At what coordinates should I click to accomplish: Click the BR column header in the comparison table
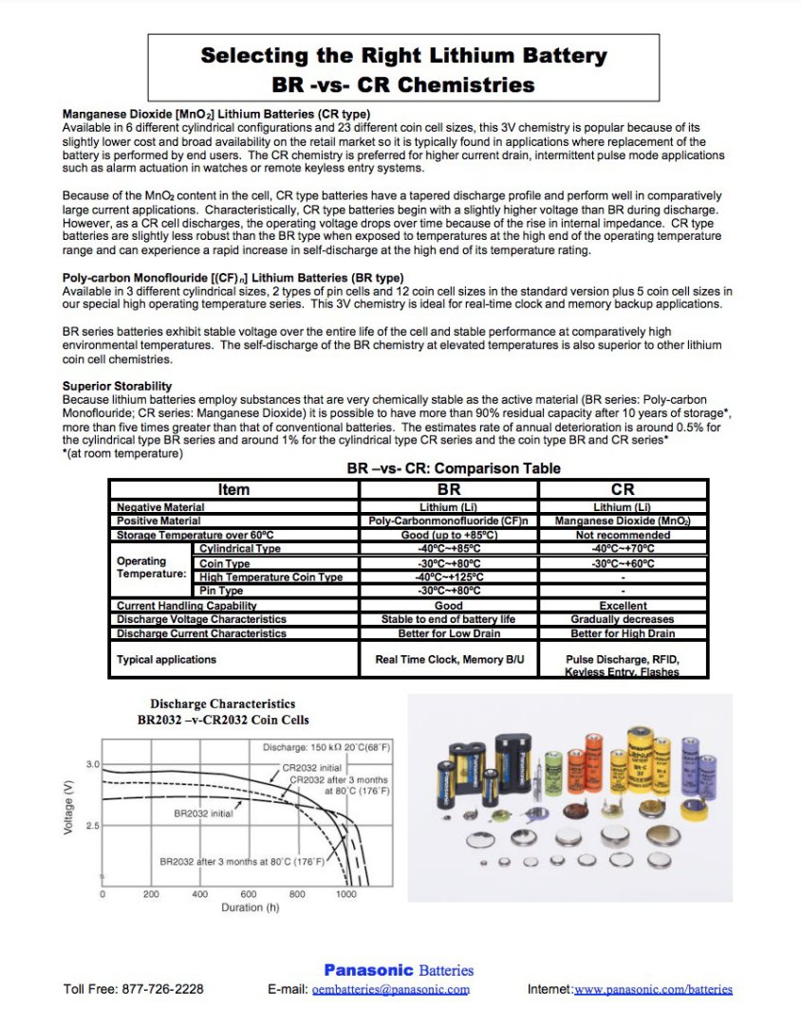448,489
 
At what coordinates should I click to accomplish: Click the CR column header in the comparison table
623,489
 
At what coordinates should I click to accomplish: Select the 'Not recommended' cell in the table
623,535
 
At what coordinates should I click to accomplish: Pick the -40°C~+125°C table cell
448,576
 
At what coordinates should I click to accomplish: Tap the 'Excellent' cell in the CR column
623,605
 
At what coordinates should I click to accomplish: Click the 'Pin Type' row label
221,591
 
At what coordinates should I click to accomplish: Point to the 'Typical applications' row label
166,659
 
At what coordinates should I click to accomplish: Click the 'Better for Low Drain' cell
448,632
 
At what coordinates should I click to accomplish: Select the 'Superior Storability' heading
117,386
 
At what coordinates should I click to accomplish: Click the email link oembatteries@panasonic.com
391,989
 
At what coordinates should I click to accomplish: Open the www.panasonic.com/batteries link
653,989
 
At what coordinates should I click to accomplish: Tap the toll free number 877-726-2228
162,989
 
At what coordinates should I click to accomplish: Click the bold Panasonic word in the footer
368,970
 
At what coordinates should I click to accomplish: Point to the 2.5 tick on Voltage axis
93,826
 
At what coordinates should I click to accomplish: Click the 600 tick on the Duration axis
249,894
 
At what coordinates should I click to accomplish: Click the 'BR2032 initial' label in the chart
205,813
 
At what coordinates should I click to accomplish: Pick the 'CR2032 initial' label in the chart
312,767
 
